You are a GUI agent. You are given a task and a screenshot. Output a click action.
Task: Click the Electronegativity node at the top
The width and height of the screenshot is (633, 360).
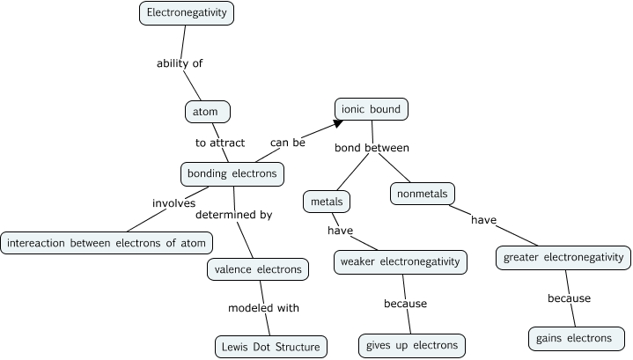(187, 13)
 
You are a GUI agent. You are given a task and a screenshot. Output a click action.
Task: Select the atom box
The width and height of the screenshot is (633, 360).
(207, 112)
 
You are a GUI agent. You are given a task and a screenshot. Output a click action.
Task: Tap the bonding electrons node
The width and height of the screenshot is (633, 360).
(232, 173)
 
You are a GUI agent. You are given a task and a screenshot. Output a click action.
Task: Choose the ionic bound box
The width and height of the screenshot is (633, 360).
(371, 109)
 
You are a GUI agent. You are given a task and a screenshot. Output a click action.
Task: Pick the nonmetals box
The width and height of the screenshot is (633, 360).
(422, 193)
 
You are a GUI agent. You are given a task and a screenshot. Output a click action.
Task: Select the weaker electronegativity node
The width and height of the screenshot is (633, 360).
(401, 262)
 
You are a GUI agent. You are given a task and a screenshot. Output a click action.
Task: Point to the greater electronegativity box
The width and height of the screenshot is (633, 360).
(563, 258)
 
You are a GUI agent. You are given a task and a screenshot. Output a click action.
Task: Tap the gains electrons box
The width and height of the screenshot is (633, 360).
(577, 338)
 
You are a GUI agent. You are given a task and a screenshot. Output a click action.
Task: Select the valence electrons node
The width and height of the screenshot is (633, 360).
(258, 269)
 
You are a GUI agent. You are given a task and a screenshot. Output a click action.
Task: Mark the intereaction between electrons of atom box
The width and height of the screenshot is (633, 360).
(107, 242)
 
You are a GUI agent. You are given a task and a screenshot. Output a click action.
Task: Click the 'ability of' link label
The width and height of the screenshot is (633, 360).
(186, 63)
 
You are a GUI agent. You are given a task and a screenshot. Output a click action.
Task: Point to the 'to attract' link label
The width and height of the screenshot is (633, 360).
(219, 142)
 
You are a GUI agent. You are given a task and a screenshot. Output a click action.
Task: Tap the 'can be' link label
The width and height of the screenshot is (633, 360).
(288, 141)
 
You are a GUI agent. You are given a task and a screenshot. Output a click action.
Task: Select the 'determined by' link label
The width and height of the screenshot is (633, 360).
(233, 214)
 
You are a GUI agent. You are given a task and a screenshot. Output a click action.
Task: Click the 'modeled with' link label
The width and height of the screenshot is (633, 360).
(264, 308)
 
